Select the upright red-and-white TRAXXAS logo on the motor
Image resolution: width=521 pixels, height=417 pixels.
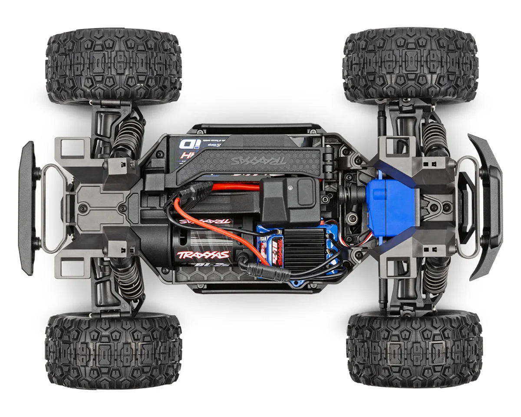click(x=202, y=255)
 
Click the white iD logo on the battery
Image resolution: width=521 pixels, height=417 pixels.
click(x=188, y=143)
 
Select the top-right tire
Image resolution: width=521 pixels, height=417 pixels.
click(x=410, y=66)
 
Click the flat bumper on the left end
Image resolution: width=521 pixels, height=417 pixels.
click(x=26, y=208)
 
